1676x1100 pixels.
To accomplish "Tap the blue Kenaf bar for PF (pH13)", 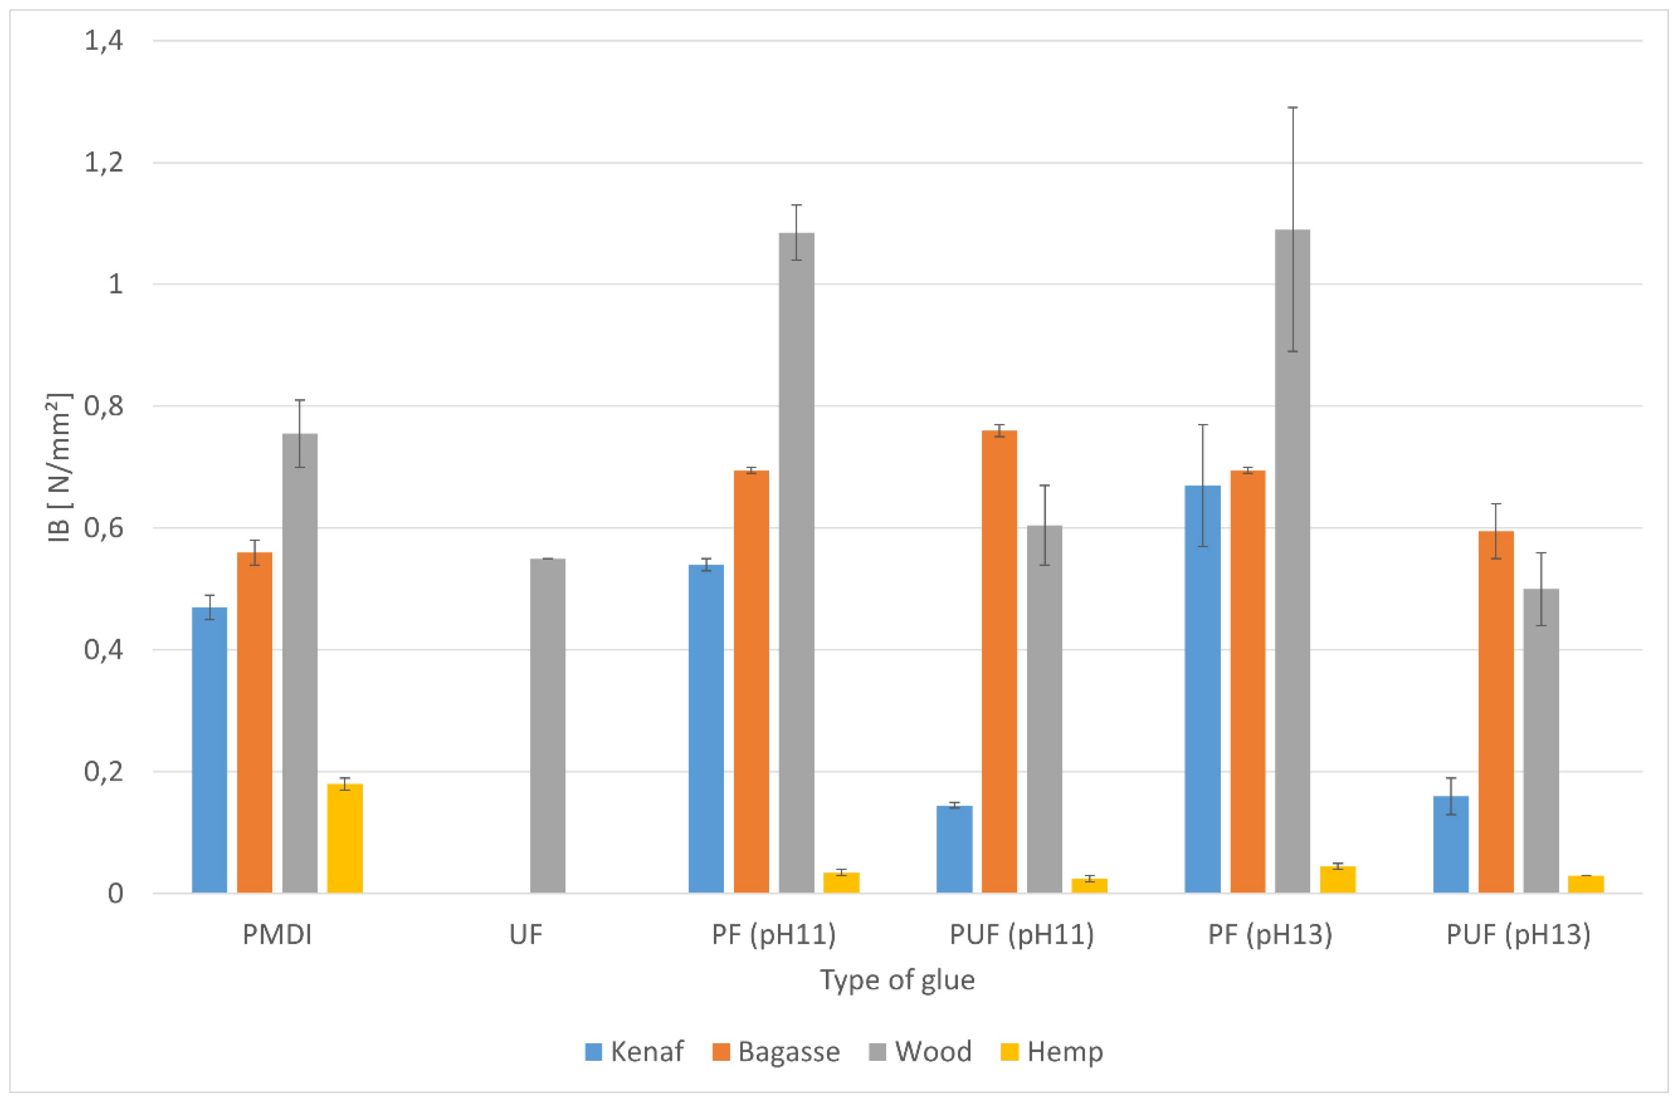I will pos(1202,689).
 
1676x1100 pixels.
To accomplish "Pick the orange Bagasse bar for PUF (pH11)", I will pos(999,661).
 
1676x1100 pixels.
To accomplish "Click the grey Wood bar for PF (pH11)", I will pos(796,563).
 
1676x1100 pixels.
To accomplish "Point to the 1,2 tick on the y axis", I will pos(104,163).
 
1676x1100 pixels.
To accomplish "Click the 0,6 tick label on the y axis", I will pos(104,528).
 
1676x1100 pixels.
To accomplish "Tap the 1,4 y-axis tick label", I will pos(104,41).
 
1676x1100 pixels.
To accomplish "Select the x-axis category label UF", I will pos(526,935).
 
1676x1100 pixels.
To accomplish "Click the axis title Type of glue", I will pos(897,980).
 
